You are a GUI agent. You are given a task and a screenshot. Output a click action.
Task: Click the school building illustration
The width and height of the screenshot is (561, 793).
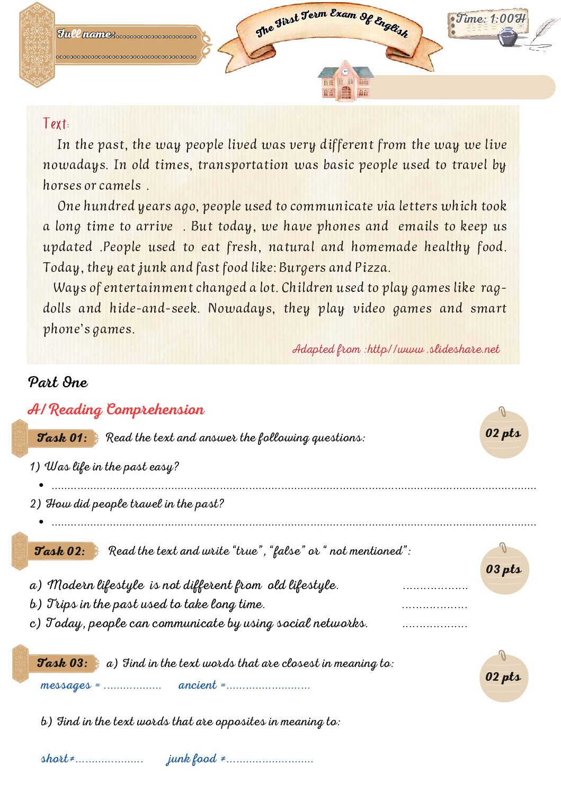click(x=345, y=83)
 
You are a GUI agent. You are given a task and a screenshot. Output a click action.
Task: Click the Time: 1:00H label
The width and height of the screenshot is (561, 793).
click(x=491, y=19)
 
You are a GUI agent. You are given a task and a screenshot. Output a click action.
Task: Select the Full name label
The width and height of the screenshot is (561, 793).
click(x=85, y=34)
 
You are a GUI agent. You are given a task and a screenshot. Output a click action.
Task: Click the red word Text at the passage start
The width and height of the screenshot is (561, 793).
click(x=55, y=124)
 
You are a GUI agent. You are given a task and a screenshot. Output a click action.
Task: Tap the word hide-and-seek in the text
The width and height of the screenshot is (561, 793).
click(x=154, y=308)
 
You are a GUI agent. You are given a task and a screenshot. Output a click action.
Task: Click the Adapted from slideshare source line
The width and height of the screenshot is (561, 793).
click(x=396, y=349)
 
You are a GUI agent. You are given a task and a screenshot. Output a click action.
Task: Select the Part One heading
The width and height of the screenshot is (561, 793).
click(x=58, y=382)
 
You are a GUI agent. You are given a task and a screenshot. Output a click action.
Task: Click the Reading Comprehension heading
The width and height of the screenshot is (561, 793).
click(x=115, y=409)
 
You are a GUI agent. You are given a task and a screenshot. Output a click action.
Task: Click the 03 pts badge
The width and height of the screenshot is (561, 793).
click(x=503, y=569)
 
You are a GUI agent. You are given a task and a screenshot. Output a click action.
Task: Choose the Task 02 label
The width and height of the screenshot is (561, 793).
click(x=59, y=551)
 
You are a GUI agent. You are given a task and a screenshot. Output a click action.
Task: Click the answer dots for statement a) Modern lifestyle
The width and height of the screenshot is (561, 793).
click(x=435, y=587)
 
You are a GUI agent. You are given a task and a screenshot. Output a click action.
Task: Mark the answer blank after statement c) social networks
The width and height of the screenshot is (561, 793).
click(x=434, y=626)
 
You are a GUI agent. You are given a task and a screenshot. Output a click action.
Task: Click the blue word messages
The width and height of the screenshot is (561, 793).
click(x=66, y=685)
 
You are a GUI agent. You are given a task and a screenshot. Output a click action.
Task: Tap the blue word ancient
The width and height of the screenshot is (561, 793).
click(x=198, y=685)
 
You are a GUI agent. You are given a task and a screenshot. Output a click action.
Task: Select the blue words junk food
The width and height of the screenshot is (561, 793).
click(x=192, y=759)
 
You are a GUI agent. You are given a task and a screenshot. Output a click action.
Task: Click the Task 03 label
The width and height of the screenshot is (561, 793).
click(x=62, y=663)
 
